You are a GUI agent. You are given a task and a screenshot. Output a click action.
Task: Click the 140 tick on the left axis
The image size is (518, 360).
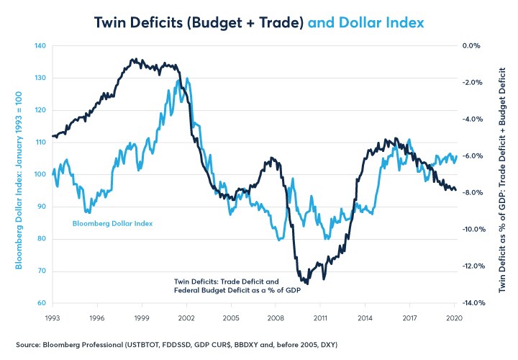(40, 46)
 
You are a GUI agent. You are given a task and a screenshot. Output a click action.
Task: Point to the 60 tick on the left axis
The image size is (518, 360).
(42, 303)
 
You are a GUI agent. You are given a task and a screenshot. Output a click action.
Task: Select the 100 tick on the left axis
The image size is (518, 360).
(40, 175)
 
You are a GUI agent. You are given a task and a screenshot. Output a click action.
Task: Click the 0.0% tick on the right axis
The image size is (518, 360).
(471, 46)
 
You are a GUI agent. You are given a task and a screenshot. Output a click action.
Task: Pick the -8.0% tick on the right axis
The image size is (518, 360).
(471, 193)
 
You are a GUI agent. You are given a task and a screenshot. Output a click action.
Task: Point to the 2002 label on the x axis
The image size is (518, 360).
(186, 317)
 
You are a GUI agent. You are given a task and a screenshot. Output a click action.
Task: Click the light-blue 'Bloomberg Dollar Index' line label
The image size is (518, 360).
(112, 223)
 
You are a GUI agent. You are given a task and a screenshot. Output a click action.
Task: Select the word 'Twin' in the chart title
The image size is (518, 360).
(112, 22)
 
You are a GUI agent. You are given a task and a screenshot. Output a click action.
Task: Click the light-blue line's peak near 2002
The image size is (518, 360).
(188, 79)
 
